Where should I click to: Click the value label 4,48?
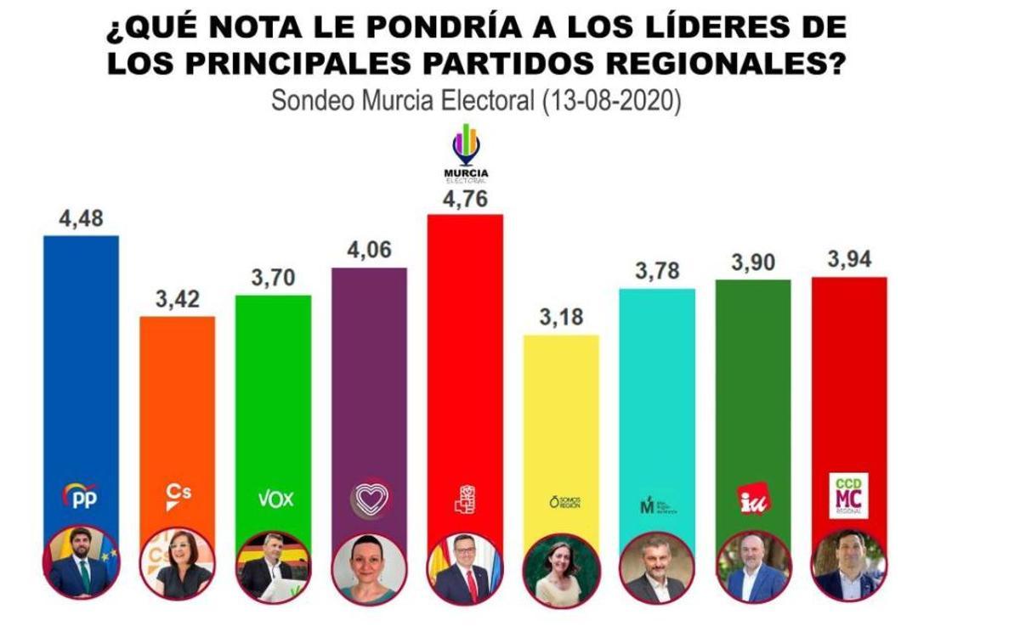81,218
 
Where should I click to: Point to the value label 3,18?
561,319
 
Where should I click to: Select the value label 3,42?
177,300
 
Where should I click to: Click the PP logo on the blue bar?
81,496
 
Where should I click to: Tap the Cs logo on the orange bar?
177,497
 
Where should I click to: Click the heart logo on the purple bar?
370,498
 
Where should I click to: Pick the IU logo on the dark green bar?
753,499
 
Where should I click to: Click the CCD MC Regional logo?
848,495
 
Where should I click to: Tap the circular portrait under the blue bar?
81,563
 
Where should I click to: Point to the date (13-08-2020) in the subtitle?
610,101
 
